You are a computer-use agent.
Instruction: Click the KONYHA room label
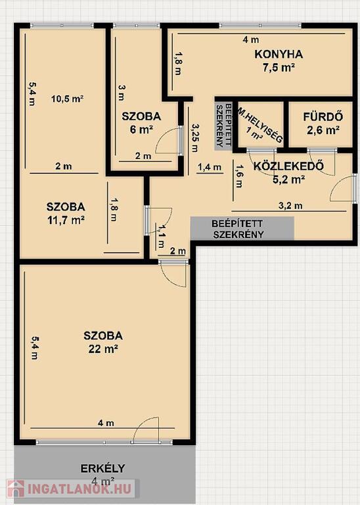(x=279, y=54)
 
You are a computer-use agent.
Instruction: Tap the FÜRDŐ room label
(x=323, y=116)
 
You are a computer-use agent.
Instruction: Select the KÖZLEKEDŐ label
(x=288, y=166)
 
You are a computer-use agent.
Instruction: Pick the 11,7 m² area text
(x=66, y=220)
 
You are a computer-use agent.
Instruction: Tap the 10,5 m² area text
(x=68, y=99)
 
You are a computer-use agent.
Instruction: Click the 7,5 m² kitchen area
(x=279, y=68)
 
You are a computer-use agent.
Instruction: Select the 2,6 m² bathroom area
(x=323, y=130)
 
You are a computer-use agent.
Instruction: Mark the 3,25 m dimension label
(x=195, y=138)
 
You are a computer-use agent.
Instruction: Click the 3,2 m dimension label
(x=290, y=205)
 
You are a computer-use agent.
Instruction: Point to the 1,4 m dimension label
(x=210, y=167)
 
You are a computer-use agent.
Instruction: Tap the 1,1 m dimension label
(x=161, y=236)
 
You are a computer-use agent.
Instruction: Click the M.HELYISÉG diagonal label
(x=260, y=125)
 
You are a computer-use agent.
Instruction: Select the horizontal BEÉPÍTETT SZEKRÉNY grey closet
(x=242, y=228)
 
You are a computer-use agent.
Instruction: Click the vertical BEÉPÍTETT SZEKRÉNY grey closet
(x=223, y=125)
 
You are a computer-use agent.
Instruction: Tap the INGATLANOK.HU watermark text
(x=79, y=489)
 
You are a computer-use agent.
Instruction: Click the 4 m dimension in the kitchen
(x=251, y=39)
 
